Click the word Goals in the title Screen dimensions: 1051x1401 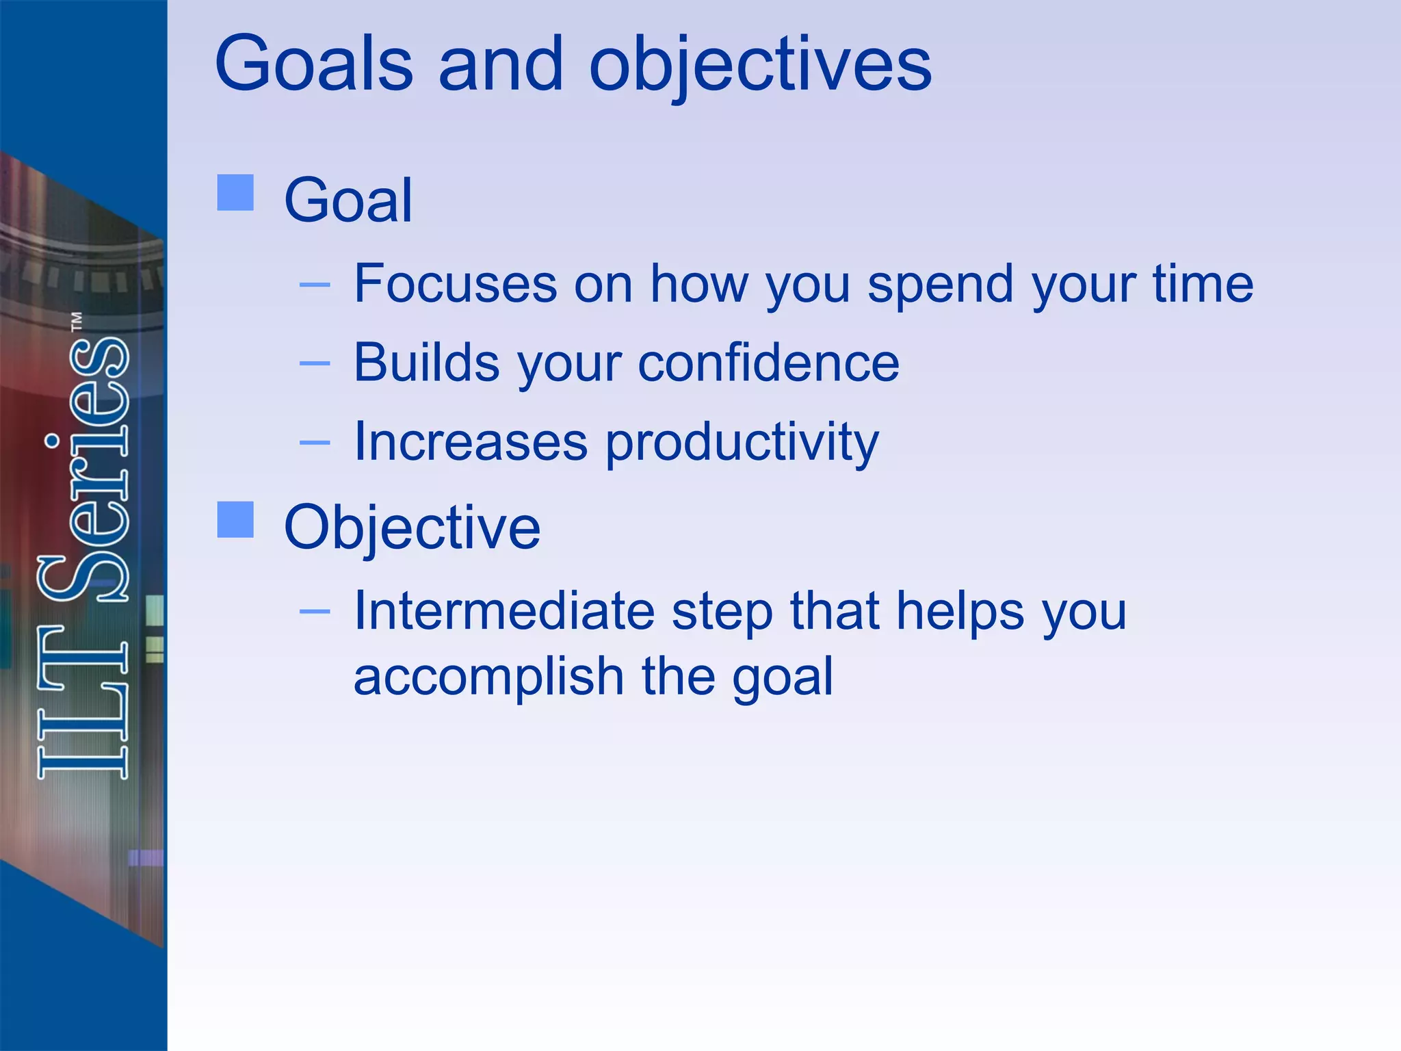click(x=314, y=64)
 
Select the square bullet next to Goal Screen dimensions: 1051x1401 click(x=235, y=192)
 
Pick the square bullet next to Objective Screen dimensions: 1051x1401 click(x=235, y=519)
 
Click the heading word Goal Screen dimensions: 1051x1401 click(x=348, y=200)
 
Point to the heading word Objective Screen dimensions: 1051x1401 click(x=412, y=528)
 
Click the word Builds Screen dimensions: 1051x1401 click(x=426, y=363)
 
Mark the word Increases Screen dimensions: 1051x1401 click(x=470, y=442)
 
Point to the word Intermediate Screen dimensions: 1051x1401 click(x=504, y=610)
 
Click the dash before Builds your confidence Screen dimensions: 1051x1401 click(x=315, y=363)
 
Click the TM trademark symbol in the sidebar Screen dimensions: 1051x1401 click(x=77, y=321)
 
